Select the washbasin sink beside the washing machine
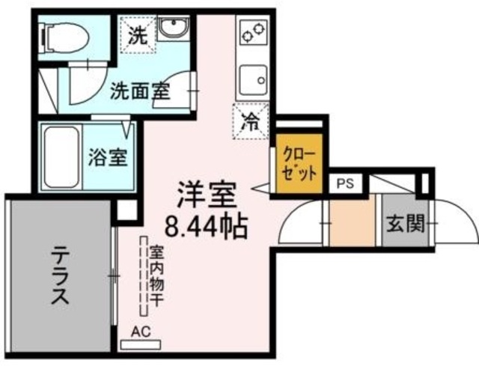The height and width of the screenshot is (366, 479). click(174, 32)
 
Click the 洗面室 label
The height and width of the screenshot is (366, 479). click(140, 91)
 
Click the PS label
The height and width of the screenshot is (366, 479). click(345, 183)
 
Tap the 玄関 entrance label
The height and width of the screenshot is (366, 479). click(405, 223)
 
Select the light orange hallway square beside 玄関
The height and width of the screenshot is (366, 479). click(352, 222)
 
